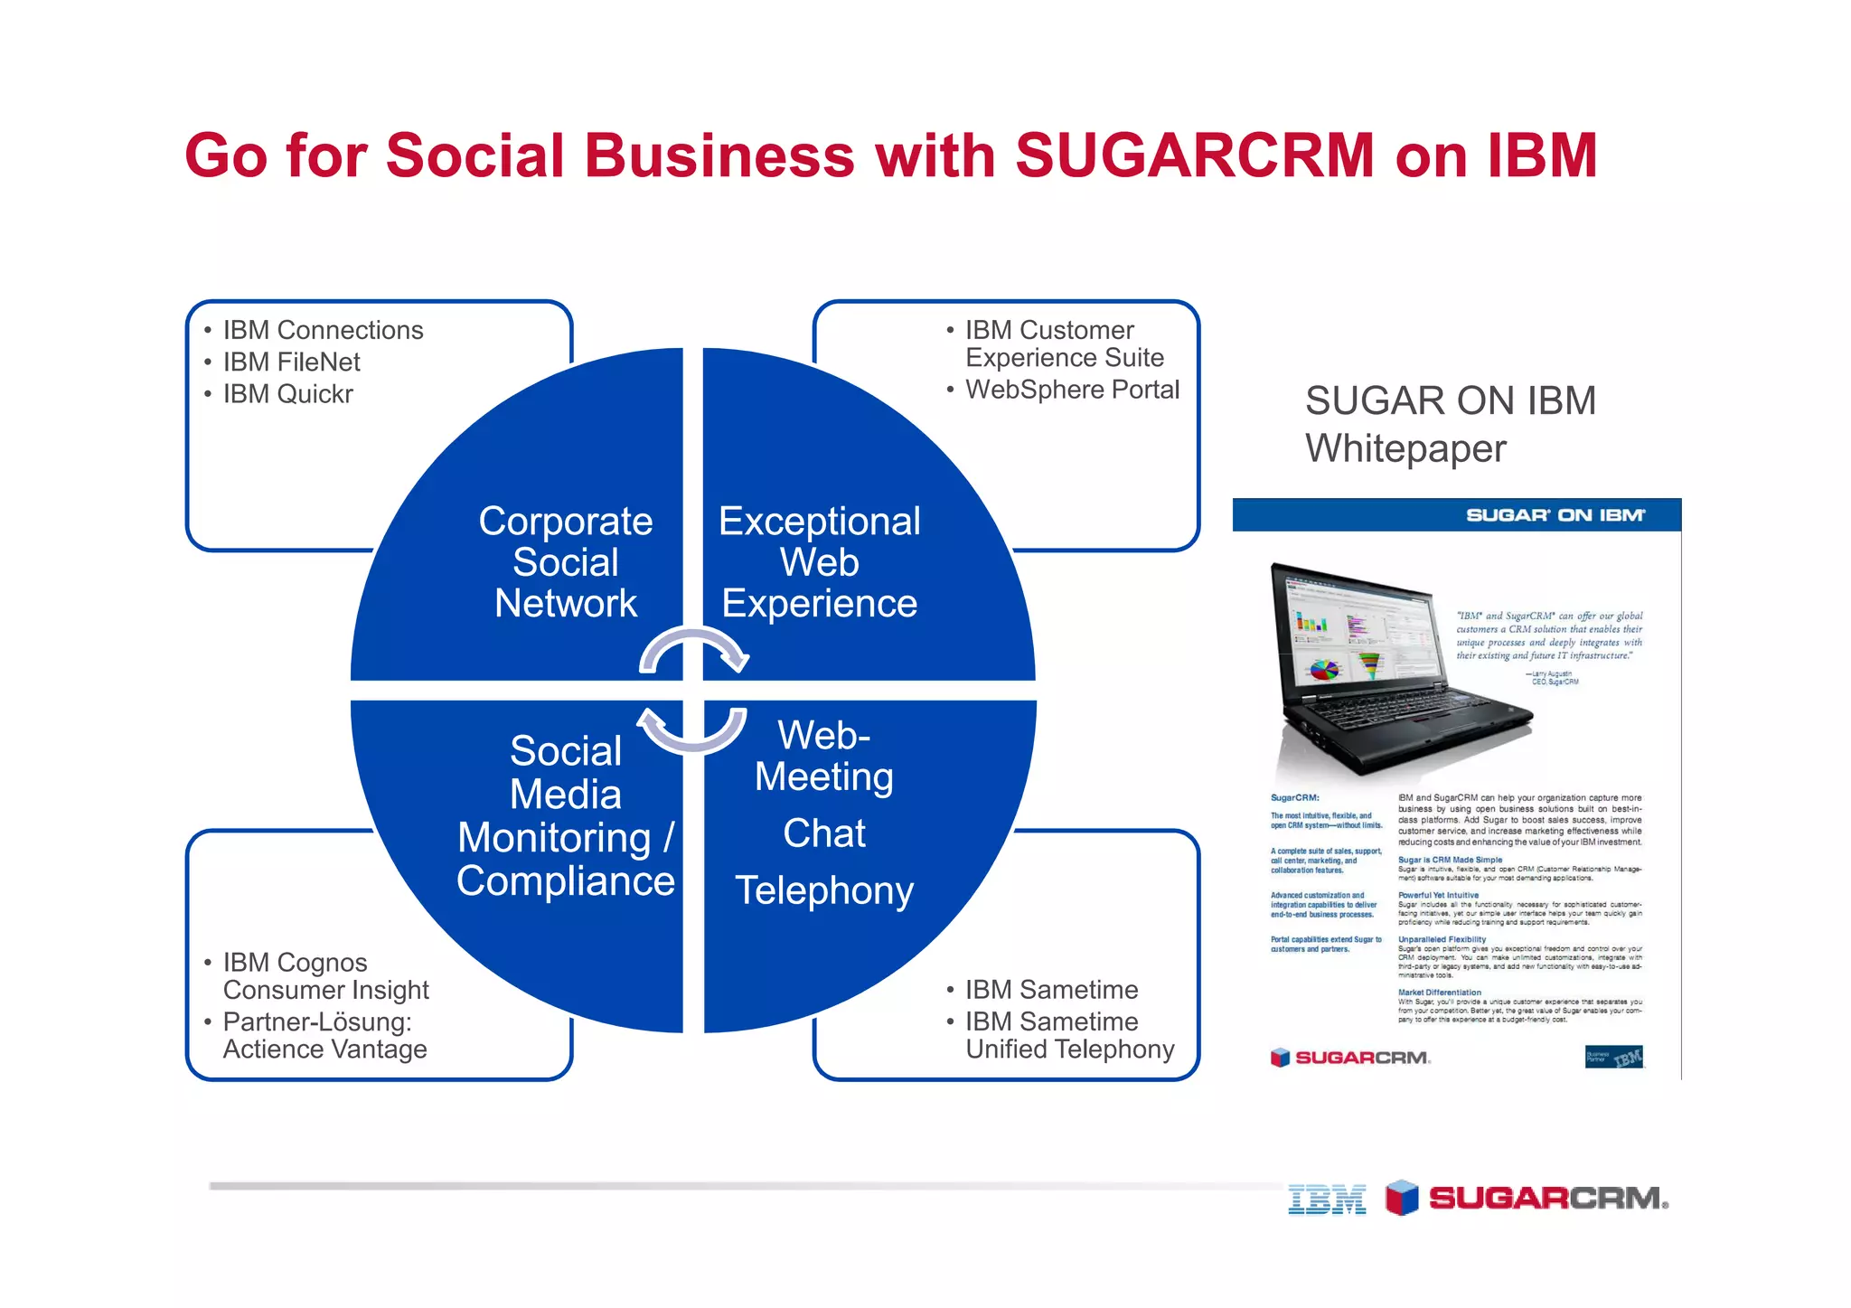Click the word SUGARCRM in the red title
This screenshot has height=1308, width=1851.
(1195, 155)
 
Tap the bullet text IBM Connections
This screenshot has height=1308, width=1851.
(323, 330)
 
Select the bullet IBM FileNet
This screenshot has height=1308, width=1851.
(291, 362)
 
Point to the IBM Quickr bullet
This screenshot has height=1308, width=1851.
(287, 394)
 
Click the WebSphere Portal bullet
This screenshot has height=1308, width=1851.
(1072, 390)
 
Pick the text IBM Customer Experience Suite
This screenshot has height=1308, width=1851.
(1064, 344)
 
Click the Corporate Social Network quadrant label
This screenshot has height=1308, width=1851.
(566, 562)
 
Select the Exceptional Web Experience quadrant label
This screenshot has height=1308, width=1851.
(819, 562)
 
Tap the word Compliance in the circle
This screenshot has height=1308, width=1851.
(566, 881)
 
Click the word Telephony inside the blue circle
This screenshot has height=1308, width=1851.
(824, 891)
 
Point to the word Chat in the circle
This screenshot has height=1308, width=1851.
(824, 833)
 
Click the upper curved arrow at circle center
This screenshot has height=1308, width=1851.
(693, 647)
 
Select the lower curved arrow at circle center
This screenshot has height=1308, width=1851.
(693, 732)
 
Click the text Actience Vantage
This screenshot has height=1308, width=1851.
(324, 1049)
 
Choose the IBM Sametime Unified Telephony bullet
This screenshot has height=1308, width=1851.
(1068, 1036)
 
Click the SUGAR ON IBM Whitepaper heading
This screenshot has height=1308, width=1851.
(1450, 425)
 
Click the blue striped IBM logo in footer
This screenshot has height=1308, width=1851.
(1327, 1200)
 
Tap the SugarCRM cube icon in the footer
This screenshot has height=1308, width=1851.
(1402, 1198)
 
